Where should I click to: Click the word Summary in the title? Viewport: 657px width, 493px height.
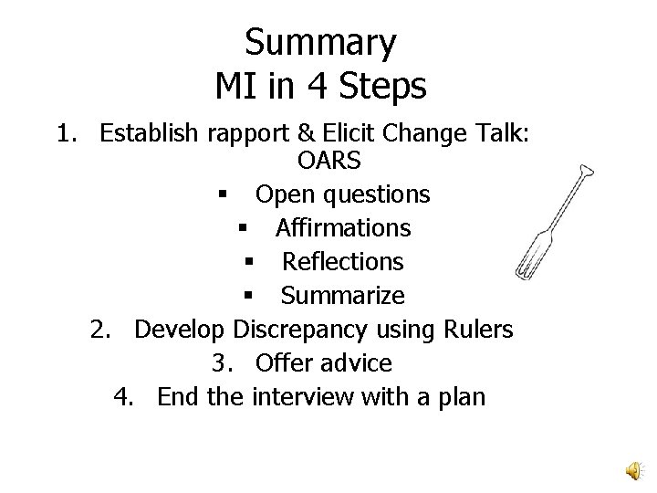click(320, 43)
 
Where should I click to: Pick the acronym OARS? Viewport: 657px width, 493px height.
click(328, 162)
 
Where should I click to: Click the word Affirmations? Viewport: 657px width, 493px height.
click(342, 227)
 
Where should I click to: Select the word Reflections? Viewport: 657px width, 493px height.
click(342, 261)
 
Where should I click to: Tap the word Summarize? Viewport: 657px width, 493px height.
click(342, 295)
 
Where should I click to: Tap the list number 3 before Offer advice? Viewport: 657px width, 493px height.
click(220, 362)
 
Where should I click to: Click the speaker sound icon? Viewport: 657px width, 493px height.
click(632, 469)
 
